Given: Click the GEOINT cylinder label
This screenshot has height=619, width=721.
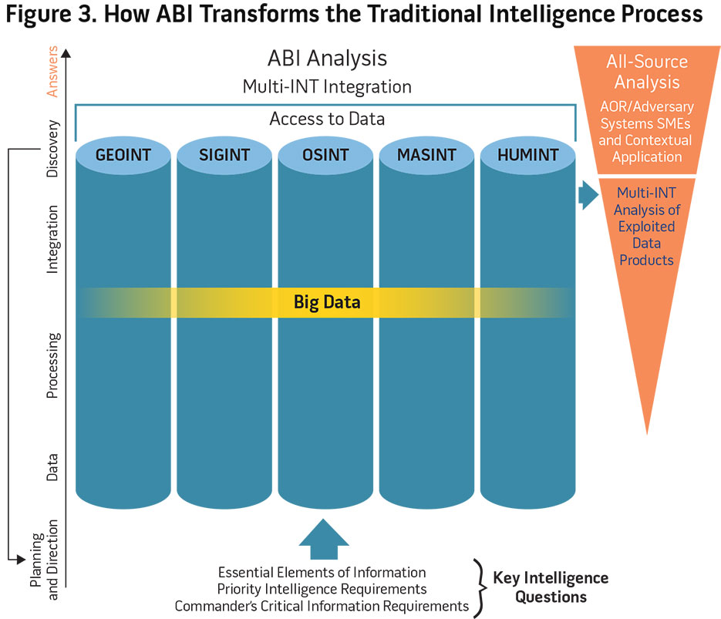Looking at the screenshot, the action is point(123,155).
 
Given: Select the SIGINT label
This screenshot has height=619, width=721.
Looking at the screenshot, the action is point(224,155).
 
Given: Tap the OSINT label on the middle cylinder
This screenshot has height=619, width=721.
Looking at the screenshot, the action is point(325,155).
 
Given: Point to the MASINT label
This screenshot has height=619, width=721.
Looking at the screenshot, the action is point(426,155).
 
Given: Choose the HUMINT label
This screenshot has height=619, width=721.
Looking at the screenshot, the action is point(528,155).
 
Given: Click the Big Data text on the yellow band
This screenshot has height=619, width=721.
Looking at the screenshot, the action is point(327,302).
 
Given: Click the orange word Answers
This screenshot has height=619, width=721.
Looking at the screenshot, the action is point(52,71).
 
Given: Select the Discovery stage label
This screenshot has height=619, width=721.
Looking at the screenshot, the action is point(52,149).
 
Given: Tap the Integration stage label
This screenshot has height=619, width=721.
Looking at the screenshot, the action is point(52,240).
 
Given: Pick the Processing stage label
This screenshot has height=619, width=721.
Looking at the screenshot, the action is point(52,365).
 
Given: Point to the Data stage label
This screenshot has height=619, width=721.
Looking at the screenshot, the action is point(52,467).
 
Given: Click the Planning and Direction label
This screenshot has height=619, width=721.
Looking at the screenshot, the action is point(44,560).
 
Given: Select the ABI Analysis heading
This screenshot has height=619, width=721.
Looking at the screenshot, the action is point(327,59).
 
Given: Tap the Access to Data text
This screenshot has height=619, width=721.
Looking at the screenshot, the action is point(327,119).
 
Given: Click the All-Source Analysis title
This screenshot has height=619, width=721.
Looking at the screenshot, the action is point(647,72).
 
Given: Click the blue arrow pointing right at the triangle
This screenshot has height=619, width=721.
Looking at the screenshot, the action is point(588,195).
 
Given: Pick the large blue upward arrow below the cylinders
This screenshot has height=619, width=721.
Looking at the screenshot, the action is point(324,539).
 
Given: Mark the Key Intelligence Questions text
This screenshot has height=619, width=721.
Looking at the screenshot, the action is point(551,587).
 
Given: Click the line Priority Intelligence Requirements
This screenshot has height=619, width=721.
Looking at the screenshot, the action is point(322,589).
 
